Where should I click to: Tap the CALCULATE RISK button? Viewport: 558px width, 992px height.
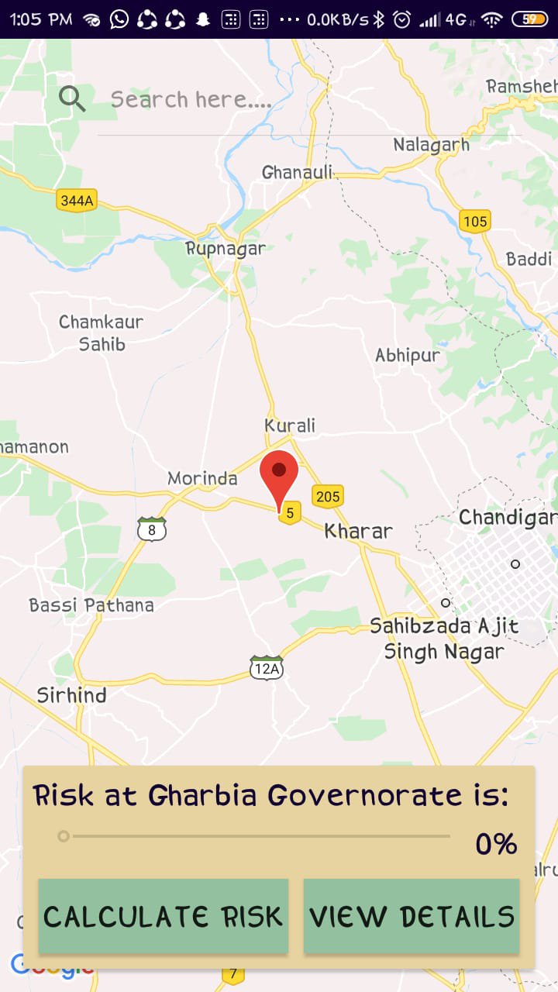click(164, 916)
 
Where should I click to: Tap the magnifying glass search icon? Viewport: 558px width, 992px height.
click(72, 98)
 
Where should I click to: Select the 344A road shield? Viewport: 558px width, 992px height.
click(77, 201)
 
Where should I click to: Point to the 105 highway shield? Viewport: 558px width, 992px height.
click(474, 222)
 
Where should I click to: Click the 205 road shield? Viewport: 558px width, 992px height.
click(328, 496)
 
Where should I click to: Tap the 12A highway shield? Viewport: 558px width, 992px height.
click(266, 668)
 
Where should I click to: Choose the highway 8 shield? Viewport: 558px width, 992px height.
click(152, 530)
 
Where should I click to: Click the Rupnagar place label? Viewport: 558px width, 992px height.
click(226, 249)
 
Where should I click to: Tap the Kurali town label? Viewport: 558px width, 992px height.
click(290, 425)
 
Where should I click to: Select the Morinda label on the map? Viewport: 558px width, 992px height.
click(202, 478)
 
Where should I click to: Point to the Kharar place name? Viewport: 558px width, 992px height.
click(358, 531)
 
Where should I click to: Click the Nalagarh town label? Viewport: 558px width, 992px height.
click(431, 145)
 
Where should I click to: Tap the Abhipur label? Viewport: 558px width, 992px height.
click(408, 356)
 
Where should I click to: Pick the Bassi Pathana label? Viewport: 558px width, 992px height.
click(91, 605)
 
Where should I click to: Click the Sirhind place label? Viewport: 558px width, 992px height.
click(71, 695)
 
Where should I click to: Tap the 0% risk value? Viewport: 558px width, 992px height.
click(496, 844)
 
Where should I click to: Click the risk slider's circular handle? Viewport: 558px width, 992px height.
click(64, 836)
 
